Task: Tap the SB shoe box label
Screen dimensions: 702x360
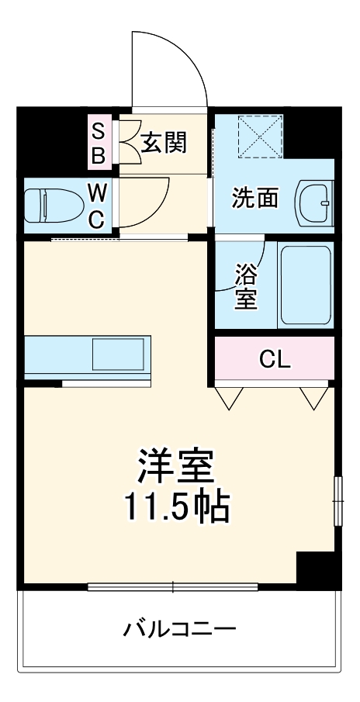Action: tap(99, 143)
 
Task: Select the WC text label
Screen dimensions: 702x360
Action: tap(96, 206)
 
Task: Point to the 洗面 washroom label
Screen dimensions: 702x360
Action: tap(255, 199)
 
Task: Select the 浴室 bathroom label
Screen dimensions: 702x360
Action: tap(246, 286)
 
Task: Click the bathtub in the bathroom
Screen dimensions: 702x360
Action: tap(306, 285)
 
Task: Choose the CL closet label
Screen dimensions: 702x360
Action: tap(275, 359)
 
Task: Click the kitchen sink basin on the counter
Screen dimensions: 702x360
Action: tap(118, 354)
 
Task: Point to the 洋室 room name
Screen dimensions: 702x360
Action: tap(176, 467)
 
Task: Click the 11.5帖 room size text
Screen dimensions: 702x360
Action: tap(176, 507)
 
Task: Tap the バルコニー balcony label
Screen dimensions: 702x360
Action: tap(179, 628)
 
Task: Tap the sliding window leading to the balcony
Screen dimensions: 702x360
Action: tap(172, 586)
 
